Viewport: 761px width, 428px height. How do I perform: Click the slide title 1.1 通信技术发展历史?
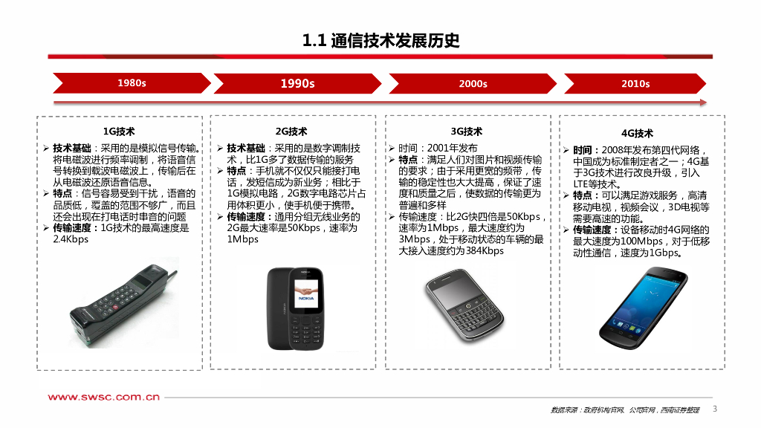coord(380,40)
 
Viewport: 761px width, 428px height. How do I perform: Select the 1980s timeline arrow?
coord(132,83)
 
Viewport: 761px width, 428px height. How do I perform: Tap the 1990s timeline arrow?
coord(297,83)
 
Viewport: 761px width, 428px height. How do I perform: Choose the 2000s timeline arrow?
coord(473,83)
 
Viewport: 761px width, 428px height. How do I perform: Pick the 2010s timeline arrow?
coord(635,83)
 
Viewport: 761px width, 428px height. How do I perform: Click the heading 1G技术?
coord(119,132)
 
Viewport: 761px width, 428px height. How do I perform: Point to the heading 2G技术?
coord(291,132)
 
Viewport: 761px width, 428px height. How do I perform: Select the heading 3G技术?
coord(467,132)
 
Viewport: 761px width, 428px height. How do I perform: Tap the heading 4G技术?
coord(637,134)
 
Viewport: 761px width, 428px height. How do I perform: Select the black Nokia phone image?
coord(296,308)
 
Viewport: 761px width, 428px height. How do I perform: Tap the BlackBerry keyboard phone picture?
coord(465,305)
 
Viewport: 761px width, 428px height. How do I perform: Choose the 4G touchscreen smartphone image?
coord(643,308)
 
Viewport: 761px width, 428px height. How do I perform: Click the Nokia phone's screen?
coord(306,293)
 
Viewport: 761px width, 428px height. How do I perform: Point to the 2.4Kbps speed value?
coord(71,239)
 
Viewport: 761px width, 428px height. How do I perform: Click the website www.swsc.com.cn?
coord(104,397)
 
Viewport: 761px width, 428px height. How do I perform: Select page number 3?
coord(715,409)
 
